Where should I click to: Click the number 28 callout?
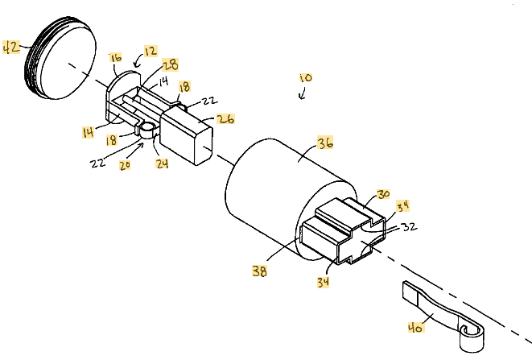click(x=171, y=64)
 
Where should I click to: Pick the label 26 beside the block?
click(x=225, y=119)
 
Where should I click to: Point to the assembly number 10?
click(x=307, y=80)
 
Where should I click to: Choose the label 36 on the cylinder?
click(x=325, y=144)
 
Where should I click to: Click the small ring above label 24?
click(x=149, y=128)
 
